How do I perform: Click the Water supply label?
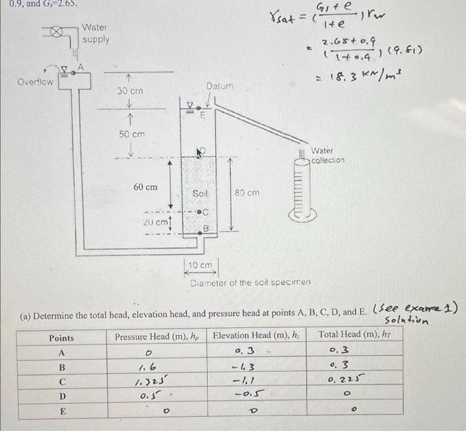pyautogui.click(x=96, y=33)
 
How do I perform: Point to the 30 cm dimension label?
pyautogui.click(x=130, y=90)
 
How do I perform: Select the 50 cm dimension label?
pyautogui.click(x=132, y=134)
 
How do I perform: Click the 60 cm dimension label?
pyautogui.click(x=146, y=187)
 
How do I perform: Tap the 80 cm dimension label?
pyautogui.click(x=247, y=193)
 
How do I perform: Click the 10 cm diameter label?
pyautogui.click(x=199, y=266)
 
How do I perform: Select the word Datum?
pyautogui.click(x=219, y=86)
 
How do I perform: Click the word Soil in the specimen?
pyautogui.click(x=200, y=193)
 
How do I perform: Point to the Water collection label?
pyautogui.click(x=328, y=156)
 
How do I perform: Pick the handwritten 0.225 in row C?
pyautogui.click(x=346, y=380)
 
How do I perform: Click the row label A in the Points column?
pyautogui.click(x=62, y=353)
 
